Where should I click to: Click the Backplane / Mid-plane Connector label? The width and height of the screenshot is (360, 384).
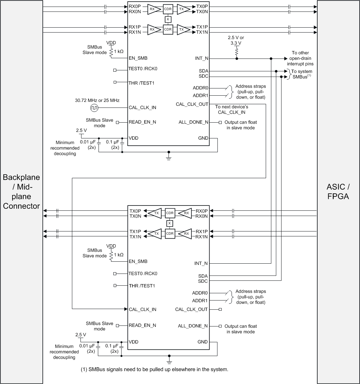point(21,192)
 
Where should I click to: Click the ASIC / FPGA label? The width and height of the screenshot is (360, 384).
point(338,192)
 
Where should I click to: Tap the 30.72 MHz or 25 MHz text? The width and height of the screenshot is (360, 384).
point(97,100)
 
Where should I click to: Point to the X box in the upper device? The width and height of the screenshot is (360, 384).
point(168,19)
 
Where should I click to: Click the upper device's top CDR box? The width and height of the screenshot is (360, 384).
point(168,9)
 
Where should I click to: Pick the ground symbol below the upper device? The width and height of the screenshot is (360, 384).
point(169,158)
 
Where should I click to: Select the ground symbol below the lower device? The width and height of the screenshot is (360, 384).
point(169,362)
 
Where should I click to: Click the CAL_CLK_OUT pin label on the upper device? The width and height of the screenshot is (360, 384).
point(192,104)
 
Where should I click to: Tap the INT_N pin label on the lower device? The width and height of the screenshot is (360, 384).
point(201,263)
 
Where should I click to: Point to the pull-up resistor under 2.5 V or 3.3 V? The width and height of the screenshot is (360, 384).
point(236,51)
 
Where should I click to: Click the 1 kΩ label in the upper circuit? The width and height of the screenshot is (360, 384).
point(119,51)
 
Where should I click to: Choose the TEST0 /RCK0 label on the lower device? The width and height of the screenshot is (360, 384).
point(143,274)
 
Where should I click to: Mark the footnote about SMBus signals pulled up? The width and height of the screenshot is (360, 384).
point(154,369)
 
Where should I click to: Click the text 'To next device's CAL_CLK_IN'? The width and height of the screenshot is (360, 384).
point(232,109)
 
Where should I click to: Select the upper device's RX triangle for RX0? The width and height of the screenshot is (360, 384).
point(152,9)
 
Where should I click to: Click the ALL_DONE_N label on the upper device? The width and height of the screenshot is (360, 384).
point(193,122)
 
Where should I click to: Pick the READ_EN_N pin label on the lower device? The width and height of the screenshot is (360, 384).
point(142,325)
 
